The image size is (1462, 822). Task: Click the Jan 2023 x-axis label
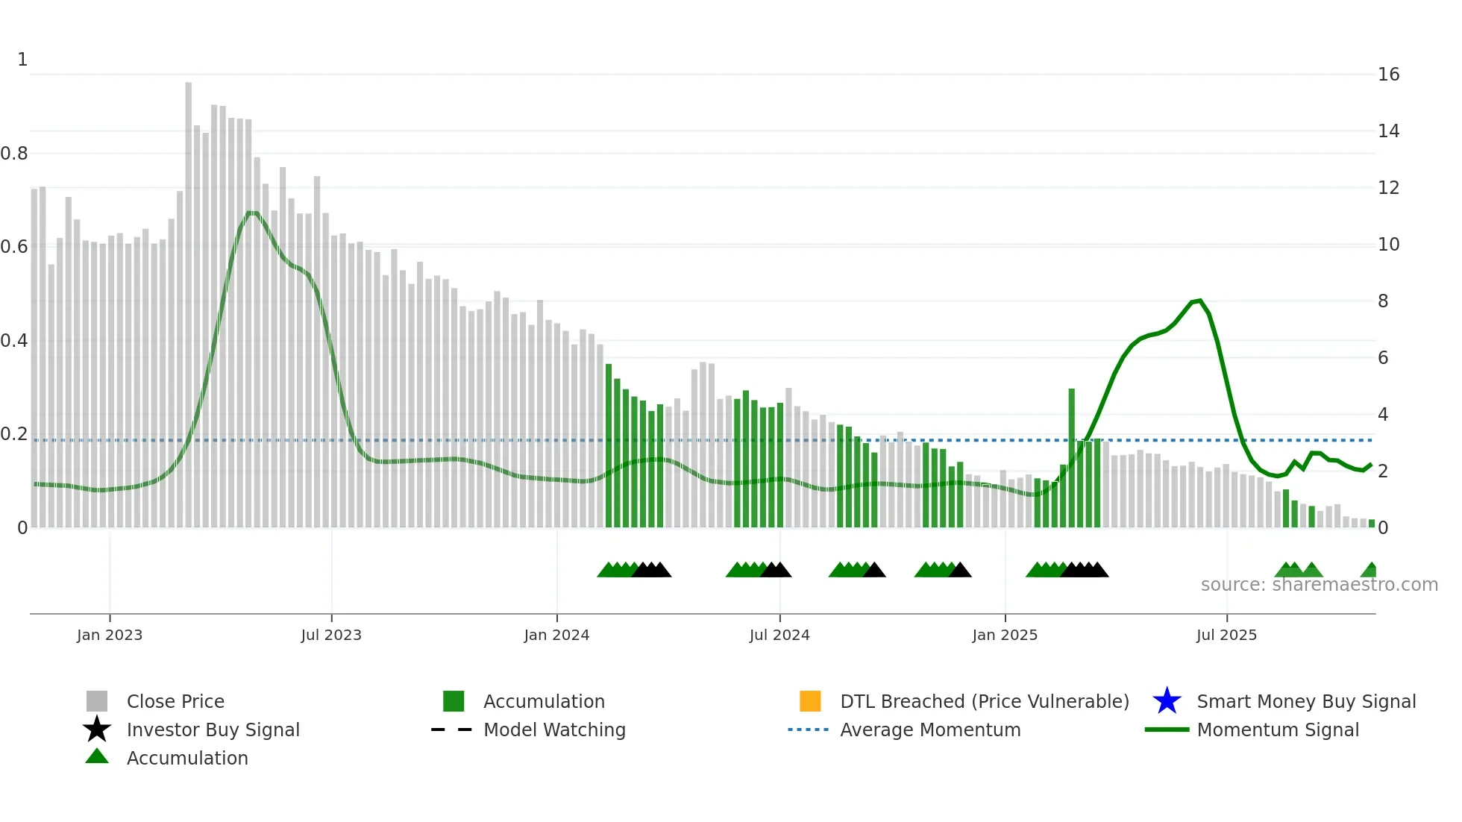click(109, 635)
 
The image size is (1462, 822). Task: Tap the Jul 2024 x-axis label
click(779, 635)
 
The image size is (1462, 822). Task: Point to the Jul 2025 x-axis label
click(1226, 635)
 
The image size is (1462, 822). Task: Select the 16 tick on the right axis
click(1388, 75)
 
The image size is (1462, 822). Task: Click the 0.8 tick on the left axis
click(14, 154)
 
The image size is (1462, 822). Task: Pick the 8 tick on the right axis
click(1383, 301)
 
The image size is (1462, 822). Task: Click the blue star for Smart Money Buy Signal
click(1167, 701)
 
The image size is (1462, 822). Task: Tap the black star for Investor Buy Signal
click(97, 730)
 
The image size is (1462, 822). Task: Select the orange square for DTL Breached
click(810, 701)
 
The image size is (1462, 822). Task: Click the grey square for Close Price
click(97, 701)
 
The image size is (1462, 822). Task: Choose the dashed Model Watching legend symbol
click(452, 730)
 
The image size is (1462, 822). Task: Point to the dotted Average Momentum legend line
click(809, 730)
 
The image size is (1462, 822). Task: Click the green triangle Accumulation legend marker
click(97, 756)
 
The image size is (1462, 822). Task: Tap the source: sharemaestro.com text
click(1319, 585)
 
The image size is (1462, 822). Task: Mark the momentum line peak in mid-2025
click(1199, 301)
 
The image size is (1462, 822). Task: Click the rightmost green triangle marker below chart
click(1370, 571)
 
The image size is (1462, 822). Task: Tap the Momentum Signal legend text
click(1278, 730)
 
